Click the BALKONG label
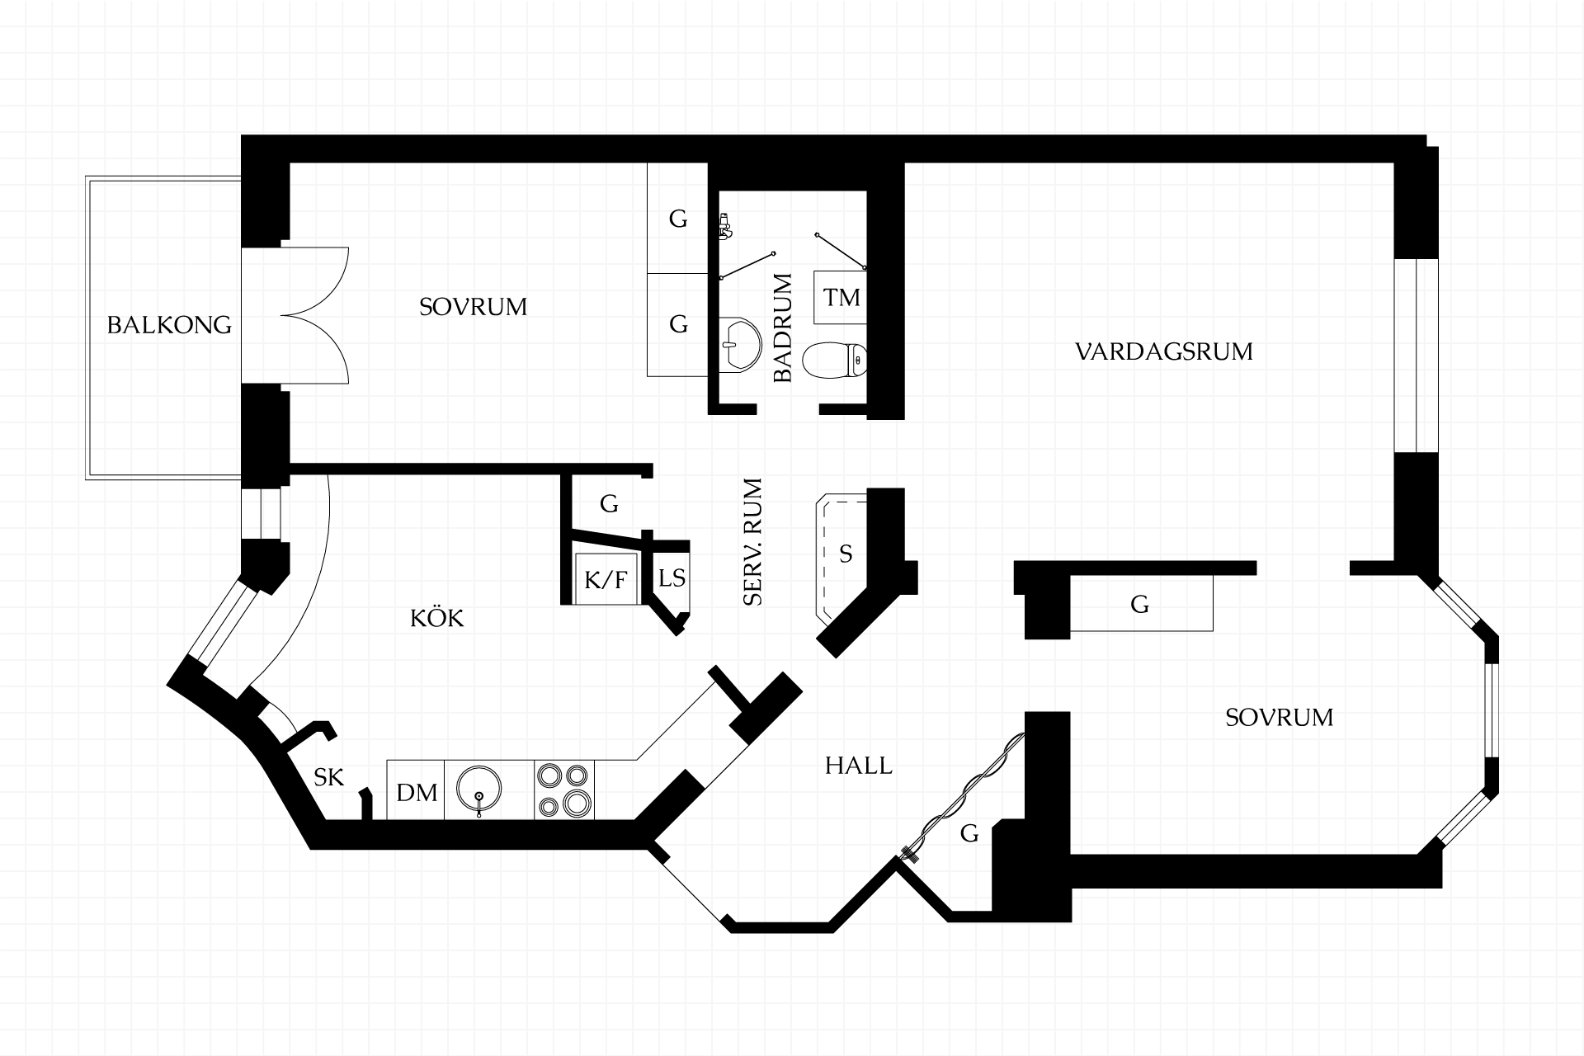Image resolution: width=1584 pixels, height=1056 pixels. (x=169, y=325)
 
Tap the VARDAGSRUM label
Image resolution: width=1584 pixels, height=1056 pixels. (x=1164, y=352)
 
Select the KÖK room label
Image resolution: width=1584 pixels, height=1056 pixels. (x=437, y=619)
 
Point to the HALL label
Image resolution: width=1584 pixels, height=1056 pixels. (x=858, y=766)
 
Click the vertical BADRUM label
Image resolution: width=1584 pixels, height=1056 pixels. (x=783, y=328)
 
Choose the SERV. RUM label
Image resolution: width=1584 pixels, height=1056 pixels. (x=752, y=542)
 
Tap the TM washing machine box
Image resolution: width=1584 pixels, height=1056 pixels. (x=841, y=297)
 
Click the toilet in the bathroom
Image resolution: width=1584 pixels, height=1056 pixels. (x=834, y=361)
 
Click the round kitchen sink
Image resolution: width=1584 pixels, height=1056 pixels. (x=479, y=790)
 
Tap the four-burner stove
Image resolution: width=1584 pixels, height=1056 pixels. (x=564, y=790)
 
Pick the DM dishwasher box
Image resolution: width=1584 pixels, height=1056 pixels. (x=416, y=793)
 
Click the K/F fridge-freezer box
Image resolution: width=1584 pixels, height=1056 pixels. (x=606, y=580)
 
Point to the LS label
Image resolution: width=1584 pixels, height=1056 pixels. (x=672, y=577)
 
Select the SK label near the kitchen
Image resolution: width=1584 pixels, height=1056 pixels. (x=328, y=777)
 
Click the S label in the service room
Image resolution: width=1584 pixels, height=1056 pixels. (x=846, y=554)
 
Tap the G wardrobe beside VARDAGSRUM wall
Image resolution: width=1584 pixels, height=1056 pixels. (x=1140, y=605)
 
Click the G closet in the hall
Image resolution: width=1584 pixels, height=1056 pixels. (x=969, y=834)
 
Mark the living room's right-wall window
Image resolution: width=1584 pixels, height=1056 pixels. (x=1416, y=356)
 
